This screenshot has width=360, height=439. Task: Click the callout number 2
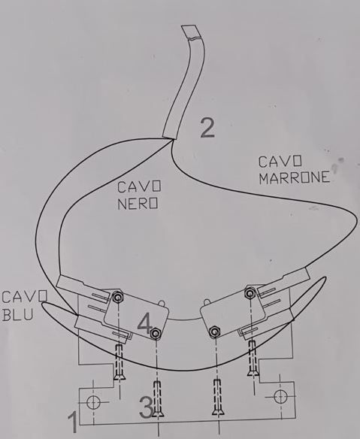coord(207,128)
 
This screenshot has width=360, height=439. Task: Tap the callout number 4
coord(145,323)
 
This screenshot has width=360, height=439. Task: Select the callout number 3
coord(146,407)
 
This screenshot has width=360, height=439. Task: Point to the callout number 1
coord(73,422)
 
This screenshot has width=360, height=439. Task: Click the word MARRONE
coord(294,177)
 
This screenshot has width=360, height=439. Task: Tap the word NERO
coord(138,203)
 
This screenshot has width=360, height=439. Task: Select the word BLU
coord(17,314)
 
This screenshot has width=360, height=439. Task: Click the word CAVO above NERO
coord(139,186)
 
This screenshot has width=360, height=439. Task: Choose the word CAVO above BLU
coord(24,297)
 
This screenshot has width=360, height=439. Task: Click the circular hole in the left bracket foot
coord(93,402)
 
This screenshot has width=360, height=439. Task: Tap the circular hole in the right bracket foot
coord(280,396)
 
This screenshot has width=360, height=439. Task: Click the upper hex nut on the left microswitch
coord(119,297)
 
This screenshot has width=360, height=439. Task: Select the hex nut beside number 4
coord(156,333)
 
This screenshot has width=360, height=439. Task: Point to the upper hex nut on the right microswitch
coord(249,293)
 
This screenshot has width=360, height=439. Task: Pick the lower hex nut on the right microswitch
coord(214,332)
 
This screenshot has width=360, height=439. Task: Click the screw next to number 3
coord(158,400)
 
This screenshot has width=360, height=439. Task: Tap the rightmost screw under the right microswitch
coord(253,359)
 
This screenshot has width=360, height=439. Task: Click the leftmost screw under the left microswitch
coord(119,362)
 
